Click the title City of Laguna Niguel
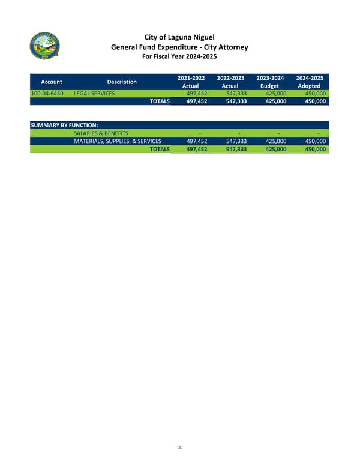[x=179, y=37]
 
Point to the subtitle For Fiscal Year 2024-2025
[x=179, y=57]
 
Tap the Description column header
[x=122, y=82]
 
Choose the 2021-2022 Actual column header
[x=191, y=82]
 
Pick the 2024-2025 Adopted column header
[x=310, y=82]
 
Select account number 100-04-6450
[x=48, y=94]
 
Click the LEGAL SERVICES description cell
[x=94, y=94]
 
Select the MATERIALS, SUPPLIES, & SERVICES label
[x=117, y=141]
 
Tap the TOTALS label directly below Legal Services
[x=159, y=102]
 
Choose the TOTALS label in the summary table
[x=159, y=149]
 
